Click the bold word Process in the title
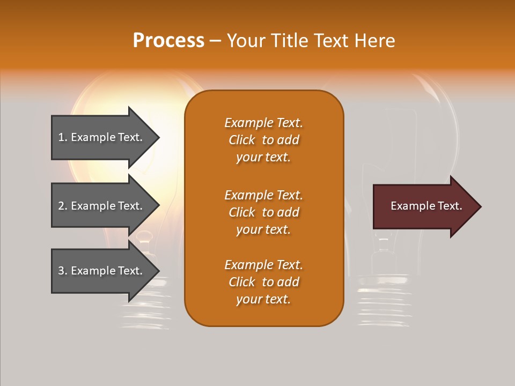(x=168, y=41)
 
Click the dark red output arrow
(x=418, y=206)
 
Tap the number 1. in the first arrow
(x=63, y=137)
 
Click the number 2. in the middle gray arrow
(x=63, y=206)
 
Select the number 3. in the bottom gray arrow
(x=63, y=271)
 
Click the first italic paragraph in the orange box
(x=263, y=140)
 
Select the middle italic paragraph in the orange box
(x=263, y=212)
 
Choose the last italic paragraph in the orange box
(x=263, y=282)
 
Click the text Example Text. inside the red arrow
(x=426, y=206)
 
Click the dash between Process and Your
(x=215, y=41)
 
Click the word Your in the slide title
(x=246, y=41)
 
